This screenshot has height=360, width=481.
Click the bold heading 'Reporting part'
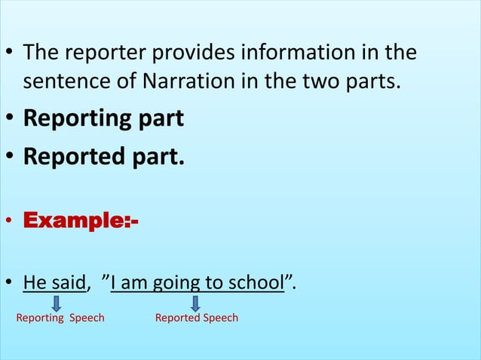coord(103,119)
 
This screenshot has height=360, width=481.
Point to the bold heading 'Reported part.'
coord(103,157)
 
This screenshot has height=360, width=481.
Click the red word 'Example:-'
coord(81,221)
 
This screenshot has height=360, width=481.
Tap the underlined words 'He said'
coord(55,283)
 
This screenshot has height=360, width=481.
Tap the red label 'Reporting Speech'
coord(60,318)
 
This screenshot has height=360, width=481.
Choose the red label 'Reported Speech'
coord(196,318)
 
